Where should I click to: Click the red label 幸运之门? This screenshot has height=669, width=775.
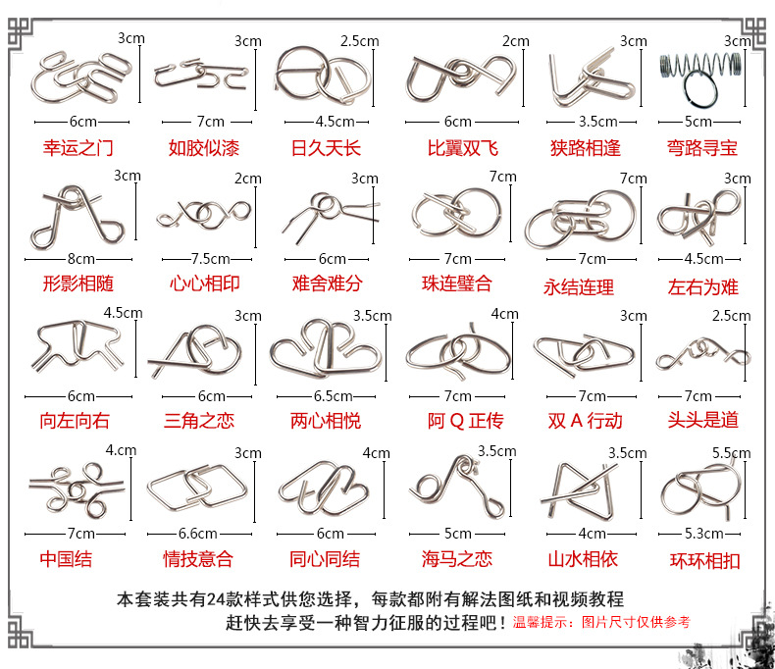(78, 149)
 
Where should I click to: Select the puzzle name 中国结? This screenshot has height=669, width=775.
(66, 559)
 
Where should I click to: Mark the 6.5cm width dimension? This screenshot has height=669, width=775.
(333, 396)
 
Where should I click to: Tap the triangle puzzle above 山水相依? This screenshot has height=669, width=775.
(586, 489)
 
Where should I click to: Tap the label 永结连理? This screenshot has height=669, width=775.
(579, 287)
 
